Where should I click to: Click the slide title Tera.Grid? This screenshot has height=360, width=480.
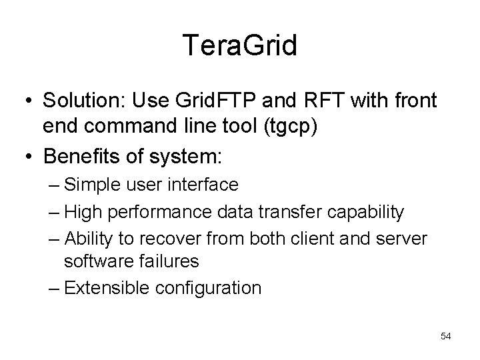(240, 46)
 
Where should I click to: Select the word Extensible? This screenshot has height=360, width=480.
(101, 288)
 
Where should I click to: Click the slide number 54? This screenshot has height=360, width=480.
(445, 336)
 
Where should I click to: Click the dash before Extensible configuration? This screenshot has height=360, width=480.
(55, 288)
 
